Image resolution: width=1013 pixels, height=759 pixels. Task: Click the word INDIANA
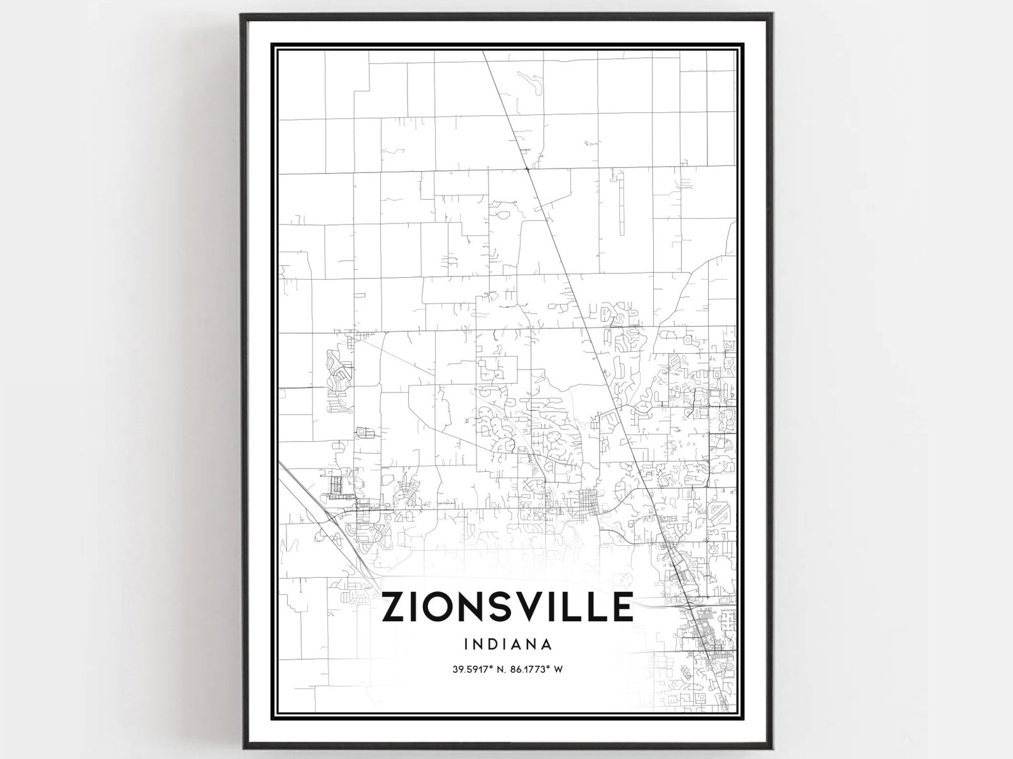pos(508,643)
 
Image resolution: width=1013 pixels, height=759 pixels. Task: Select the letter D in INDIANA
pos(492,643)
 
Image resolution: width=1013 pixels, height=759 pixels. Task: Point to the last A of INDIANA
pos(547,643)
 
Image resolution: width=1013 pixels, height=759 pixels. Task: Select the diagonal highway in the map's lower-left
pos(319,511)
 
